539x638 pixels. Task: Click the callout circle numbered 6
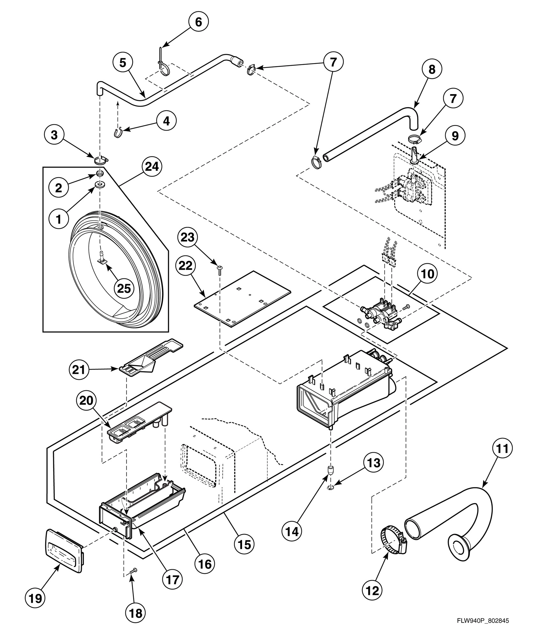[x=198, y=22]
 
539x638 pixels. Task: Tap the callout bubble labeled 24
[x=152, y=167]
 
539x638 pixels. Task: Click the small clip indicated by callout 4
[x=118, y=132]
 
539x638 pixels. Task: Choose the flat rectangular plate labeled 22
[x=242, y=298]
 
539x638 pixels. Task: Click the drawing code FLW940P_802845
[x=483, y=621]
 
